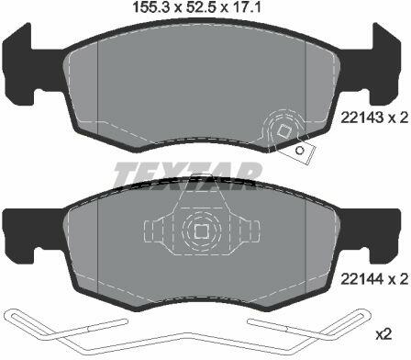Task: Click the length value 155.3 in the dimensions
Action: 150,7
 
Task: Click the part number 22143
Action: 361,118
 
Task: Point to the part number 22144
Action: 361,279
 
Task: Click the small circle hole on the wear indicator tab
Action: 300,151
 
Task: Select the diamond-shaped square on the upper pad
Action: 284,130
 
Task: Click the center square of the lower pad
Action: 201,231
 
